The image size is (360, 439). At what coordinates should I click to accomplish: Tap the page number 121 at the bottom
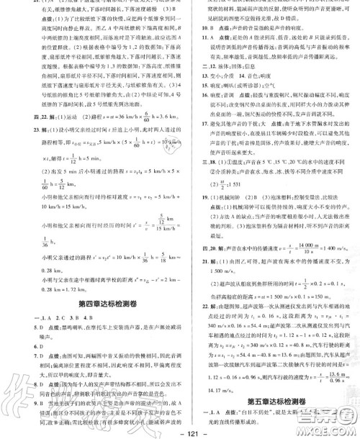point(180,430)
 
